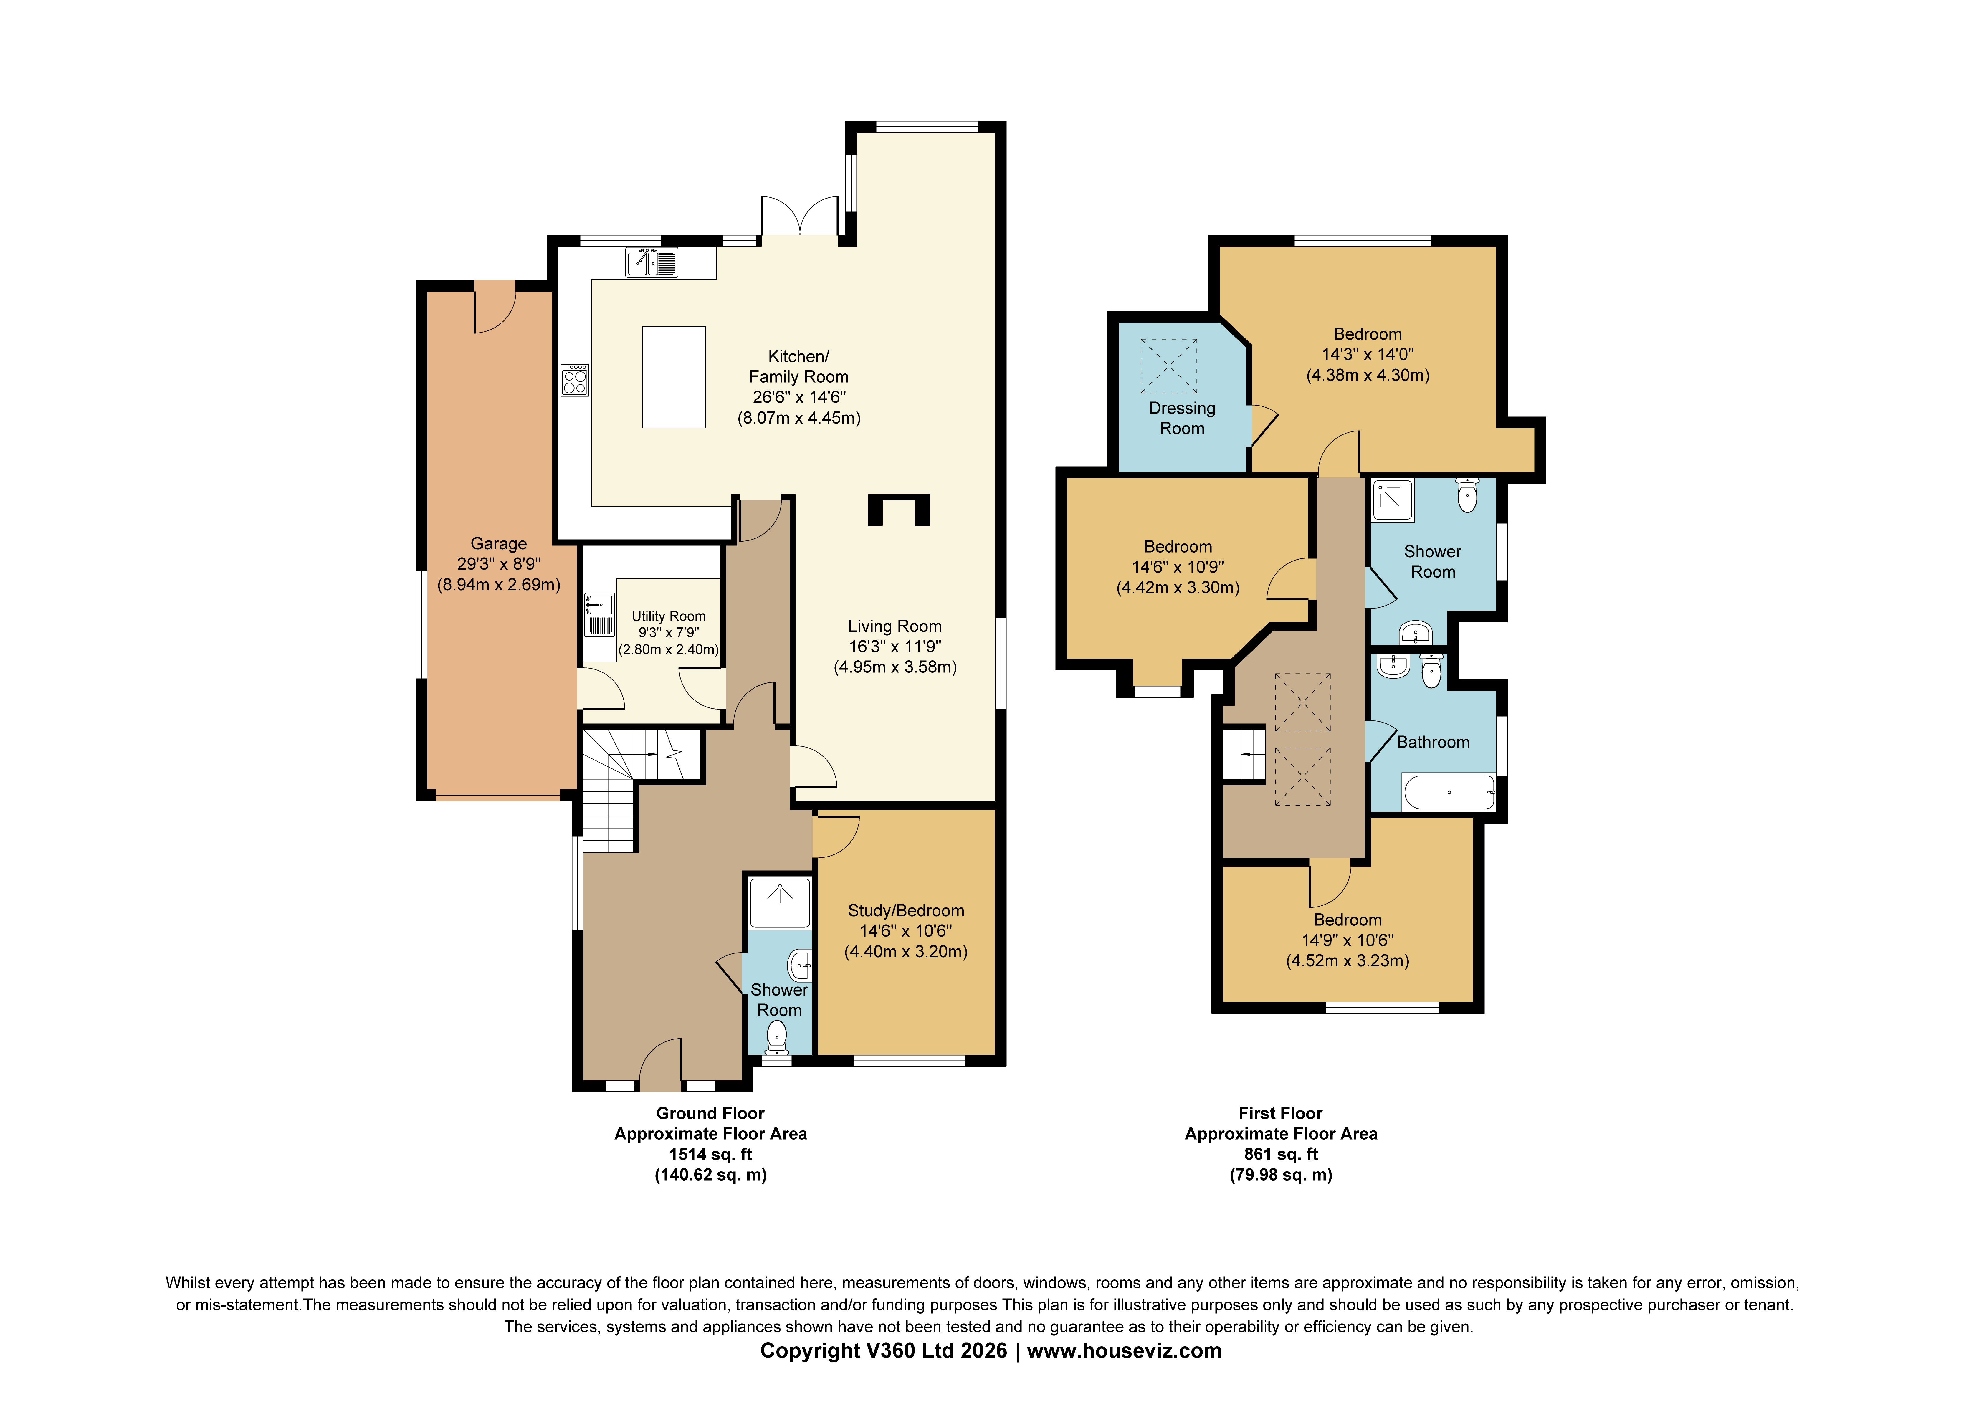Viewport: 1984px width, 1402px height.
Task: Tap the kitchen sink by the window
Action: (x=652, y=262)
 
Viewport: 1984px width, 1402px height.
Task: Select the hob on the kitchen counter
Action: (x=575, y=379)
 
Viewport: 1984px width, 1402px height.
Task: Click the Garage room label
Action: (x=499, y=544)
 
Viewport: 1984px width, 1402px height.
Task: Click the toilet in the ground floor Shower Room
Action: (x=778, y=1036)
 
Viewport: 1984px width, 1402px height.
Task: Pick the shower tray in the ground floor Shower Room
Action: (x=779, y=902)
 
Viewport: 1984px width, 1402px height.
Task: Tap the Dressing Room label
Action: (x=1181, y=418)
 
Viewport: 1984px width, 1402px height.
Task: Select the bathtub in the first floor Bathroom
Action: (x=1448, y=792)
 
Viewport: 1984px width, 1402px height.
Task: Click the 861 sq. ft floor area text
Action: (x=1281, y=1154)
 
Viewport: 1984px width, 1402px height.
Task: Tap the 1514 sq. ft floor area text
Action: (x=710, y=1154)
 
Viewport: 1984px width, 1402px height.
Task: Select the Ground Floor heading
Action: (x=710, y=1113)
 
